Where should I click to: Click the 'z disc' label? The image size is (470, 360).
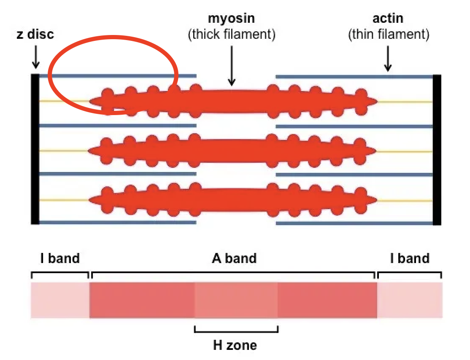point(35,34)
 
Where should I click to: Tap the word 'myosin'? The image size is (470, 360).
point(231,19)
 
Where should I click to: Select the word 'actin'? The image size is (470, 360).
point(388,19)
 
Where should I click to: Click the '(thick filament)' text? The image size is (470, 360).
point(231,34)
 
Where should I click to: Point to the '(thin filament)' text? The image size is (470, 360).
point(389,34)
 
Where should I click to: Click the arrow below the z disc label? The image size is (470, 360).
point(36,57)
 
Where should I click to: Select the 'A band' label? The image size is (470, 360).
point(234,258)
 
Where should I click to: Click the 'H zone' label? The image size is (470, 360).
point(235,346)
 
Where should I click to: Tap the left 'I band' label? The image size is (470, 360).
point(60,258)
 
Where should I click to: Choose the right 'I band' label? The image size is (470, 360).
point(410,258)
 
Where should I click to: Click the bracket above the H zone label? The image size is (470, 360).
point(236,330)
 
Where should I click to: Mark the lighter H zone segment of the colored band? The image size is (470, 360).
point(236,300)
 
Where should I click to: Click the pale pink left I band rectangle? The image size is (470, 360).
point(60,300)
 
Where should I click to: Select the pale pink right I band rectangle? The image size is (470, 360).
point(410,300)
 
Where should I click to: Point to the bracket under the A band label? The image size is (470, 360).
point(234,273)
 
